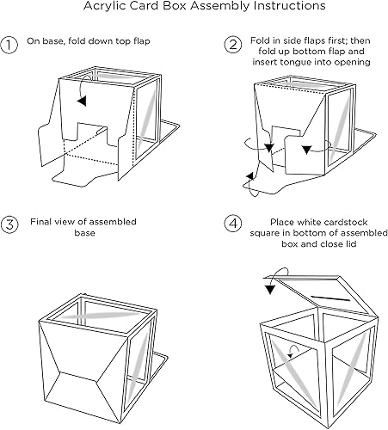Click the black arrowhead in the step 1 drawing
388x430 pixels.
pyautogui.click(x=83, y=101)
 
